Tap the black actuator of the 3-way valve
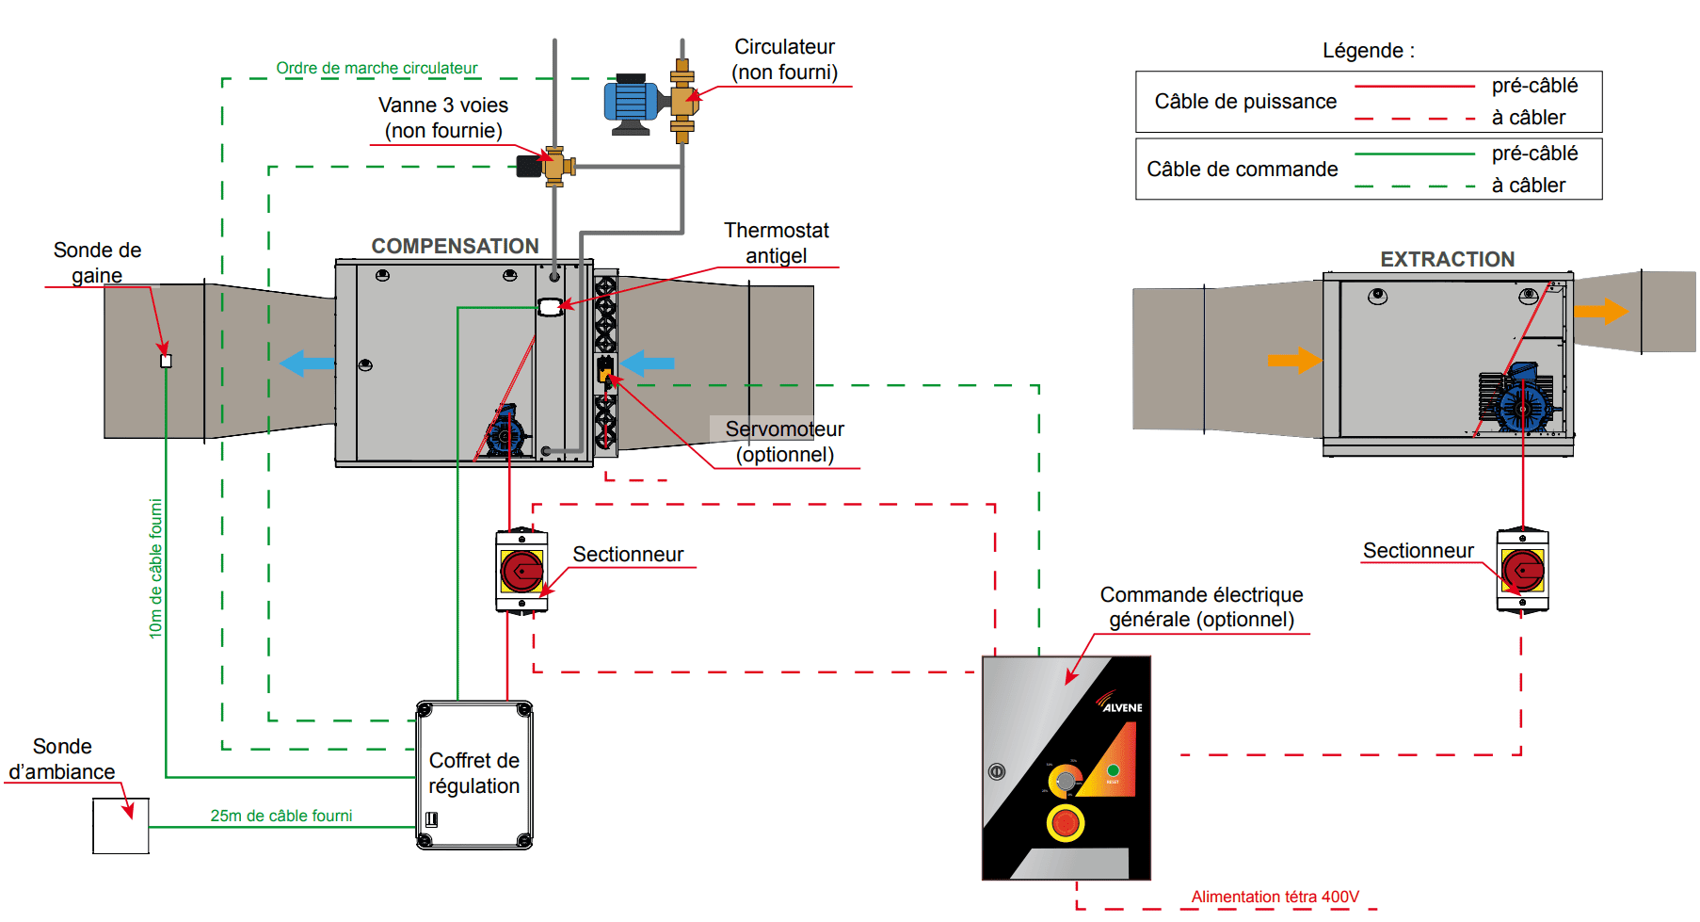click(x=529, y=167)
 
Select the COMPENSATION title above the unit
click(x=455, y=246)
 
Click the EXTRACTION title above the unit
click(x=1447, y=259)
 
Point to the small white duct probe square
click(x=167, y=361)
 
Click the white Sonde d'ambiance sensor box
click(x=120, y=826)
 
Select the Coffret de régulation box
click(x=474, y=774)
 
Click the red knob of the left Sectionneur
click(x=521, y=571)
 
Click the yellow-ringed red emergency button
click(x=1066, y=823)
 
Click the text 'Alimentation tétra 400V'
click(x=1275, y=897)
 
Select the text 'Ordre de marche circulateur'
click(x=377, y=68)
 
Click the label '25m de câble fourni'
click(x=281, y=816)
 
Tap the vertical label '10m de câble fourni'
click(x=156, y=569)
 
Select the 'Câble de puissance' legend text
click(x=1245, y=102)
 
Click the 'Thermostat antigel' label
click(x=776, y=243)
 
